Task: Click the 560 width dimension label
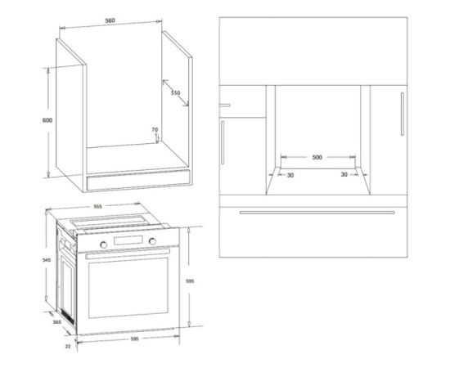click(110, 20)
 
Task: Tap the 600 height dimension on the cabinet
click(47, 120)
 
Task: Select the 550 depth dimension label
click(175, 92)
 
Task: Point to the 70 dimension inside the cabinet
click(155, 130)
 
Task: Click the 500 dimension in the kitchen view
click(317, 157)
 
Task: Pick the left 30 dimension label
click(290, 175)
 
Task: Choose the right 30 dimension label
click(344, 174)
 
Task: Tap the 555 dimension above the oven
click(98, 206)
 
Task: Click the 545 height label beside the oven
click(47, 260)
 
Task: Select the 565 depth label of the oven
click(57, 322)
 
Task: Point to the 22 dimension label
click(68, 346)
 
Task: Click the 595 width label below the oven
click(135, 339)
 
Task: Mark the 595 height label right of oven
click(190, 281)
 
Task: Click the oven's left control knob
click(103, 245)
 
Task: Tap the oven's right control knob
click(152, 241)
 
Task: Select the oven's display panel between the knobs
click(128, 240)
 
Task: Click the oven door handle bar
click(128, 254)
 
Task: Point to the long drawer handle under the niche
click(317, 213)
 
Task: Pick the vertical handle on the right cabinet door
click(403, 114)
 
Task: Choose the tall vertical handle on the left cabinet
click(223, 142)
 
